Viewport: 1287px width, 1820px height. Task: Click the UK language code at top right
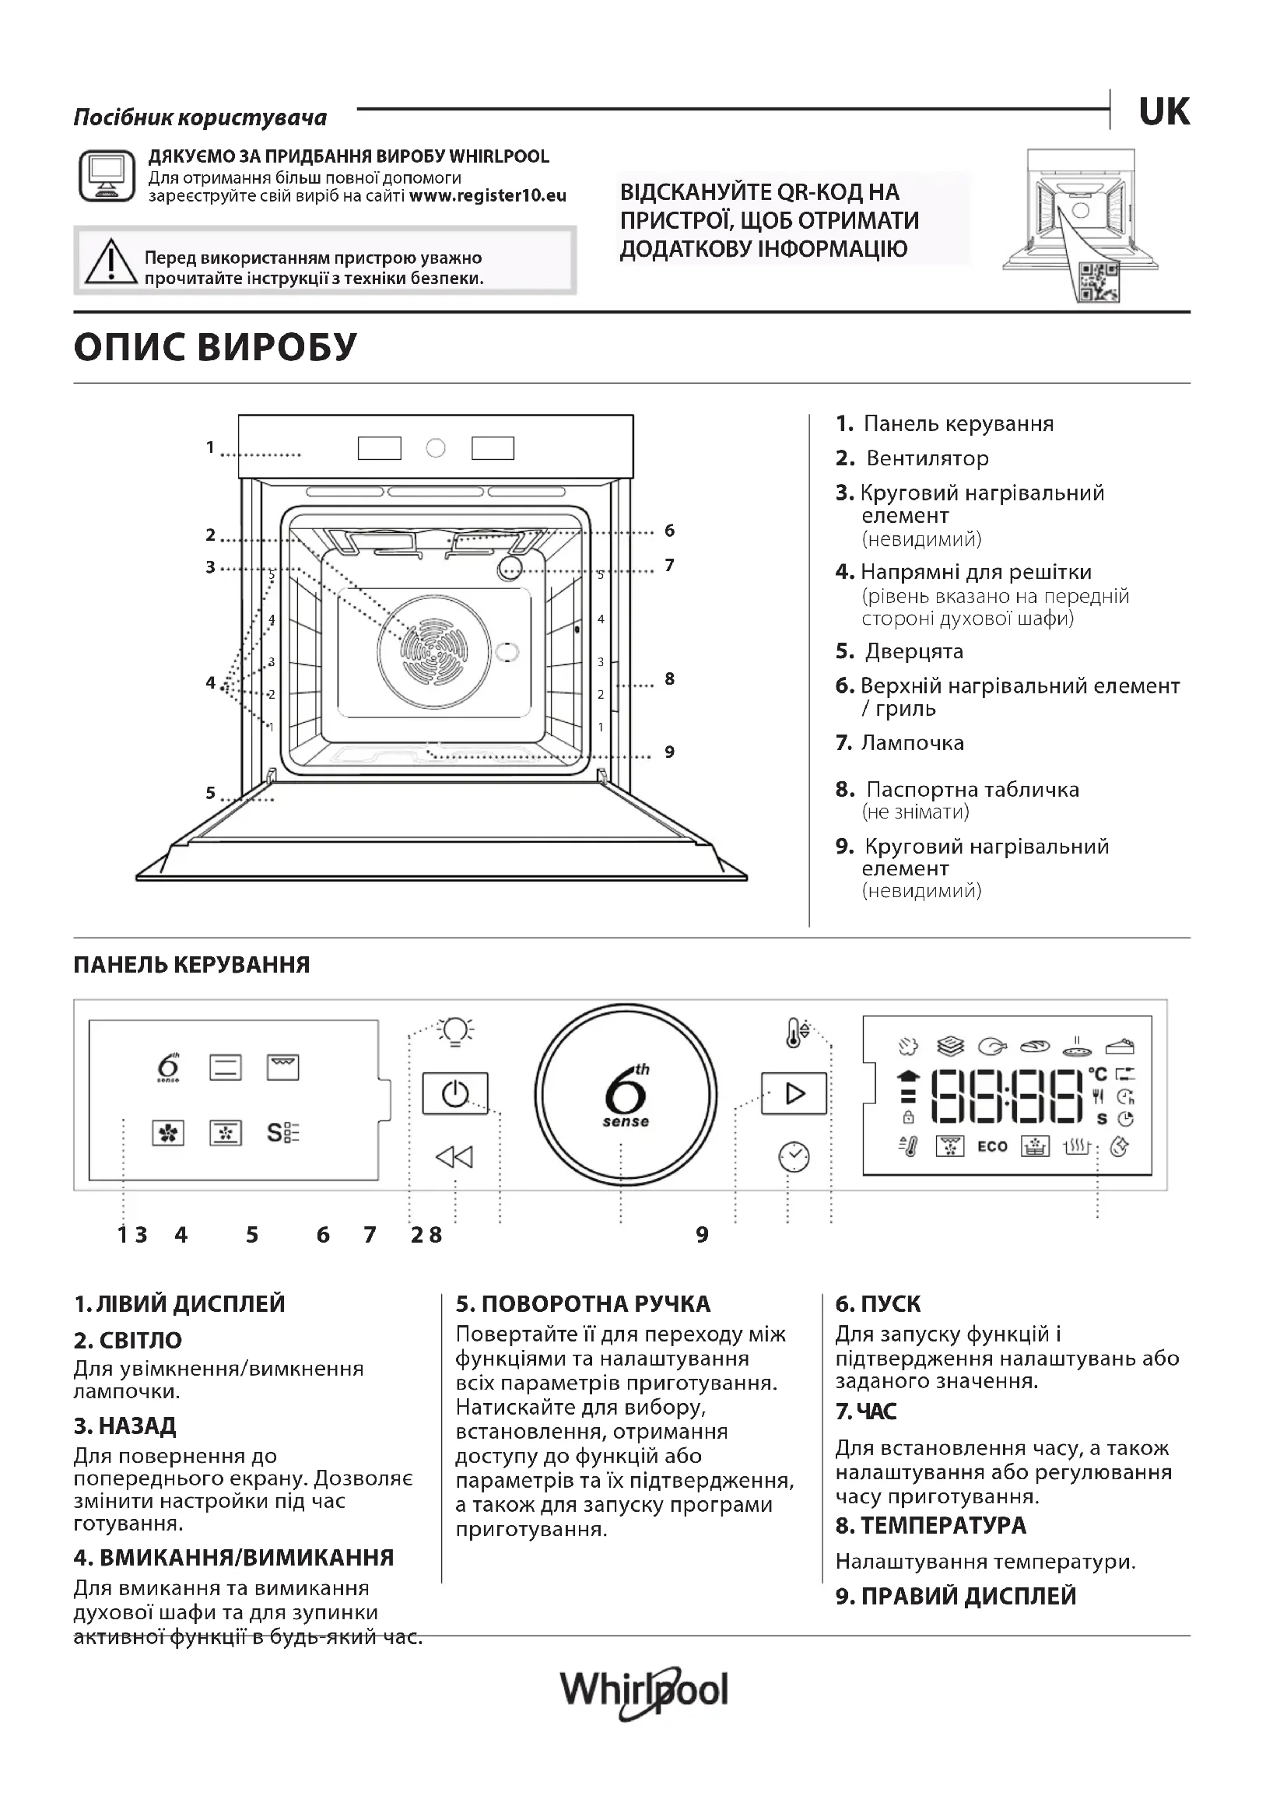click(1163, 112)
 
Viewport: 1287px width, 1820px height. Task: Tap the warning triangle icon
click(111, 261)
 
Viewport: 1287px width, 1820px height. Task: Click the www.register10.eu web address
click(487, 196)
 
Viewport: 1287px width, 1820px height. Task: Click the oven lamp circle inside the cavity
click(510, 566)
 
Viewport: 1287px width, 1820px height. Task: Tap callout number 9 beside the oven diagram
click(670, 752)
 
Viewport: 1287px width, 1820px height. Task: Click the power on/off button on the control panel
click(455, 1095)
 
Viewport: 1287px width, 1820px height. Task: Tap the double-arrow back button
click(454, 1157)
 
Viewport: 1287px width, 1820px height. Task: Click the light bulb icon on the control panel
click(456, 1030)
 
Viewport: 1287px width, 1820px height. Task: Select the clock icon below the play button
click(793, 1156)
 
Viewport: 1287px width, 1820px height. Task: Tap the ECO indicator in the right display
click(991, 1146)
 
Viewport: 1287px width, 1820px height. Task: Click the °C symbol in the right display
click(1098, 1074)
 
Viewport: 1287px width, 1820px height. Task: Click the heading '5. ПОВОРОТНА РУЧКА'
click(583, 1304)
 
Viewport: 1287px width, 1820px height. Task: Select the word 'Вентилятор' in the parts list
click(928, 458)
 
